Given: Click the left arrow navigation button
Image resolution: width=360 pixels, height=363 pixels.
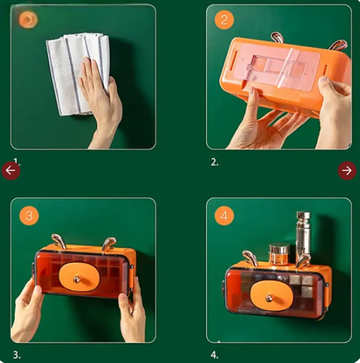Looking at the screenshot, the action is point(11,171).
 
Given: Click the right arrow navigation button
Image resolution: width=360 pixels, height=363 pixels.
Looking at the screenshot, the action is point(347,171).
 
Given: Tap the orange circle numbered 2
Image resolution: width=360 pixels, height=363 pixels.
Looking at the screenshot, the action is point(224,20).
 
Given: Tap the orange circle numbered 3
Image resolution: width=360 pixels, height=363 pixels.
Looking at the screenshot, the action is point(29,216).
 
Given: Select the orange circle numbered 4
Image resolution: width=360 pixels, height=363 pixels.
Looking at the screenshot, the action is point(224,216).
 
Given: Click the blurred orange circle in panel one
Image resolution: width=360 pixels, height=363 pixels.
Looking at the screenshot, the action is point(28,20).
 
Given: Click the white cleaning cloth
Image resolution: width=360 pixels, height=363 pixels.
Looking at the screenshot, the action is point(77,73).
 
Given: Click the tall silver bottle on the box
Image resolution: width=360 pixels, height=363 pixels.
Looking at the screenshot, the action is point(303,233).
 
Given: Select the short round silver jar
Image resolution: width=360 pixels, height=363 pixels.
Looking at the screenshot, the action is point(279,253).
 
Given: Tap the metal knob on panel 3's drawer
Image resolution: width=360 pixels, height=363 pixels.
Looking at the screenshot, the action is point(77,278).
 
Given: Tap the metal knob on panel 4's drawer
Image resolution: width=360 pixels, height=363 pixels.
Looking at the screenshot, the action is point(269,297).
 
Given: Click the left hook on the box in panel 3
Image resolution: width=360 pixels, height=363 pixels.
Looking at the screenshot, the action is point(57,241).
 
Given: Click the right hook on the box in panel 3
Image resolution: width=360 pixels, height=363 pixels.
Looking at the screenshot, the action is point(109,244).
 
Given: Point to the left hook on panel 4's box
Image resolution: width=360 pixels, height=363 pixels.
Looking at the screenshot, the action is point(250,258).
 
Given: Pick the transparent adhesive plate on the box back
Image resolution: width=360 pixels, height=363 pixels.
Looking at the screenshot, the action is point(276,67).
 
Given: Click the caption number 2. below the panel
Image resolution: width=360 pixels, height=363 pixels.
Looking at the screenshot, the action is point(214,162).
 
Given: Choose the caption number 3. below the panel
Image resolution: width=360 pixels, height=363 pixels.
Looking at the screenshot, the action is point(17,355).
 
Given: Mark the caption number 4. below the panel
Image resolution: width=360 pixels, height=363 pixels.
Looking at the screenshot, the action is point(214,355).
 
